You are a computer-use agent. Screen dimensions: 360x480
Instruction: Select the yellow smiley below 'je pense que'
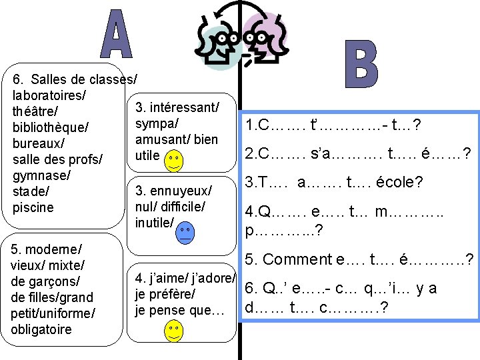173,331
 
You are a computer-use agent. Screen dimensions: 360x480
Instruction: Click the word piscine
33,207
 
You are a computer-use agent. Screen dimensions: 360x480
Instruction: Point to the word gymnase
41,176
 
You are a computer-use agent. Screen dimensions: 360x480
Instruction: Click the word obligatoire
41,329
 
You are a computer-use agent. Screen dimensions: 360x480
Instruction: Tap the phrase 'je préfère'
165,294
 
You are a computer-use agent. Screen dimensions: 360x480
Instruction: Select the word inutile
153,222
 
